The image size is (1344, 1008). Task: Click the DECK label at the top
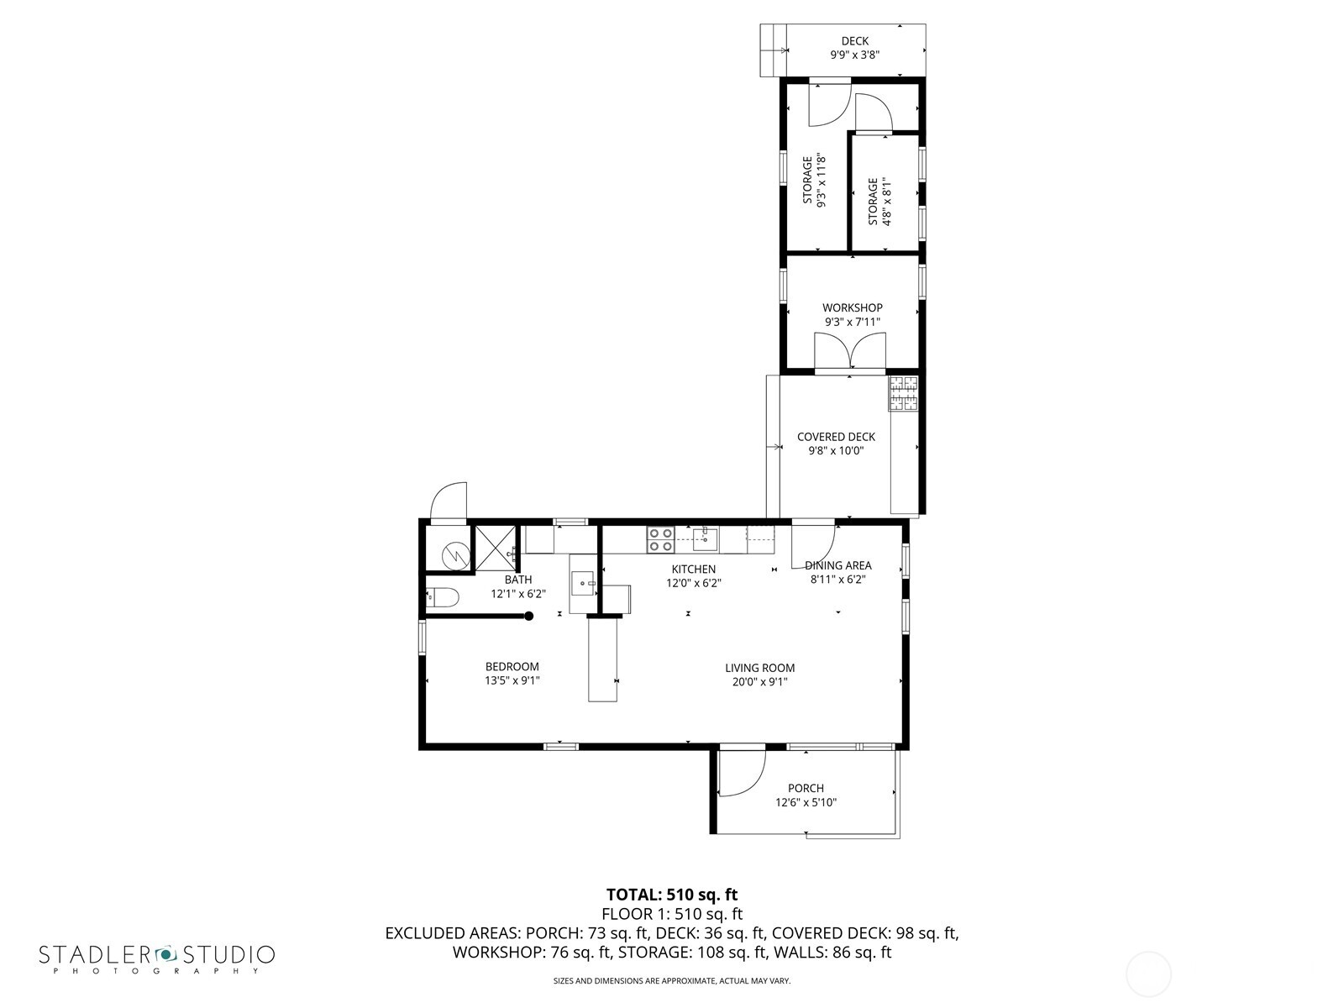click(854, 41)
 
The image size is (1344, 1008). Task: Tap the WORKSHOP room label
click(852, 308)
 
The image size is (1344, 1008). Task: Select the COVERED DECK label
click(835, 437)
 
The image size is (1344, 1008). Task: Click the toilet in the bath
click(442, 598)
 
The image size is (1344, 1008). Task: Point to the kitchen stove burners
click(660, 539)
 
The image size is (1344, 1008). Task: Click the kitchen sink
click(705, 538)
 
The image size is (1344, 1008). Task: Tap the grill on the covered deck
click(904, 393)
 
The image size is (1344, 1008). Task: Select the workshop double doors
click(850, 351)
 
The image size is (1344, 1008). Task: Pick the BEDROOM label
click(512, 667)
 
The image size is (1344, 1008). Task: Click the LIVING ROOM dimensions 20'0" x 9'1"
click(759, 682)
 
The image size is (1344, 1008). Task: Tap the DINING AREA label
click(837, 565)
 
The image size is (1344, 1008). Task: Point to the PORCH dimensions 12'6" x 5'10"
click(806, 802)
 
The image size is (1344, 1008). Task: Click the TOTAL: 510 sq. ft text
click(671, 895)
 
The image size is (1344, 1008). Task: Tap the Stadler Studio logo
click(156, 956)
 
